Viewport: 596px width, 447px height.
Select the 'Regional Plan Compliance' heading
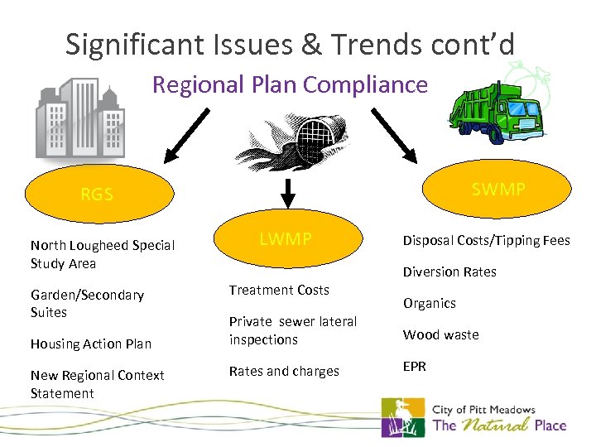[291, 84]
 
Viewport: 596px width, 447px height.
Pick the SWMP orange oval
[497, 190]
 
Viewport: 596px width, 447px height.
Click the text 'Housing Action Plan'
[90, 344]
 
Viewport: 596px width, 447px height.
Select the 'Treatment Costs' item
[279, 290]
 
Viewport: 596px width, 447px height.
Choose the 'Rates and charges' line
[284, 371]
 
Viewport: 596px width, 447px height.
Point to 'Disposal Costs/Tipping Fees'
[486, 240]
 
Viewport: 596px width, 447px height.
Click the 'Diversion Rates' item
[449, 272]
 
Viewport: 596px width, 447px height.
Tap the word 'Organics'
[429, 303]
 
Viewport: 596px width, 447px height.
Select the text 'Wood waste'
[440, 334]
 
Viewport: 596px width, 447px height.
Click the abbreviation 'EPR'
[415, 366]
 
